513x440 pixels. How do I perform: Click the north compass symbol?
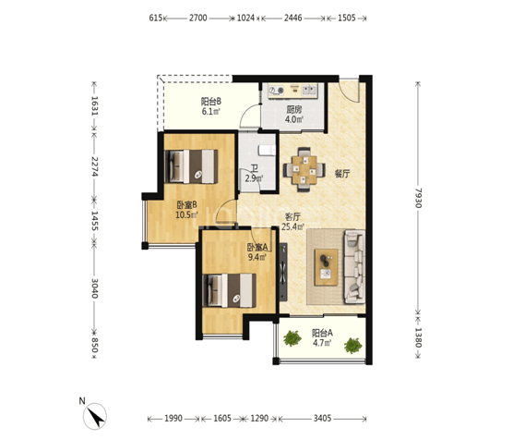click(94, 416)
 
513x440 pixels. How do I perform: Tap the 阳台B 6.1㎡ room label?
click(210, 106)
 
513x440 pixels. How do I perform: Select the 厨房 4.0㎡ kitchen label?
click(293, 115)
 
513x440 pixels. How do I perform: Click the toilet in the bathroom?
click(267, 150)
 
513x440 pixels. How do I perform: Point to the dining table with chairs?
click(304, 169)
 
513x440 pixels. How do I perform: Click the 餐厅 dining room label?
click(342, 174)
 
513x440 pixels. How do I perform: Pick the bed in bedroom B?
click(191, 166)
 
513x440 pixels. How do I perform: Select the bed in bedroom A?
click(230, 290)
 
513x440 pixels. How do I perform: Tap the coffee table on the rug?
click(327, 267)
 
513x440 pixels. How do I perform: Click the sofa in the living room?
click(354, 266)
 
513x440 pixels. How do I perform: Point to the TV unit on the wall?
click(283, 272)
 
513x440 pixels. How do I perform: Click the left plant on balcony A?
click(292, 338)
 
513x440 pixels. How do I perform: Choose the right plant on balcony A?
click(353, 346)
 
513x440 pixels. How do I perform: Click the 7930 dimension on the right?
click(419, 198)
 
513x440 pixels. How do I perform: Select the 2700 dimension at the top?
click(198, 18)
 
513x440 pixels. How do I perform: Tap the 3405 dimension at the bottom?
click(322, 419)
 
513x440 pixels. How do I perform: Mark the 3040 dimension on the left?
click(94, 288)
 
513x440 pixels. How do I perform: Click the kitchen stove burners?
click(277, 90)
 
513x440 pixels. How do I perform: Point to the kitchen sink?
click(309, 89)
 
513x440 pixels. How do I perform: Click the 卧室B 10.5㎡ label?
click(186, 210)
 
